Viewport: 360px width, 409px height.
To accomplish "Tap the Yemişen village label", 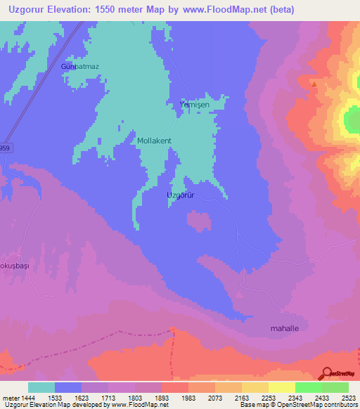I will click(x=195, y=105).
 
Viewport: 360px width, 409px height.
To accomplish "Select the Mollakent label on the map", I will click(x=154, y=141).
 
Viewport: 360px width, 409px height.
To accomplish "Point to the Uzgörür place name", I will click(x=180, y=195).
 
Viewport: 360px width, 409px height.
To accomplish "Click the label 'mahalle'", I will click(x=285, y=328).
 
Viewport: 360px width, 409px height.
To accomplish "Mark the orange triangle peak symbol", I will click(x=314, y=84).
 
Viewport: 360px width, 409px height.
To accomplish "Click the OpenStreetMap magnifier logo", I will click(x=326, y=373).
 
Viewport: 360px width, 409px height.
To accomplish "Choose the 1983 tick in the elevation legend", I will click(x=188, y=397).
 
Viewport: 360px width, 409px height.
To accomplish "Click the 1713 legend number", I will click(x=108, y=397).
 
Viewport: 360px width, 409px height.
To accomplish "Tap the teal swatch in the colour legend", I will click(x=41, y=387).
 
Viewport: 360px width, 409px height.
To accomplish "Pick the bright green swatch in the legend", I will click(x=309, y=387).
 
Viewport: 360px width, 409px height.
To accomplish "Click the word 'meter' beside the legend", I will click(x=10, y=397).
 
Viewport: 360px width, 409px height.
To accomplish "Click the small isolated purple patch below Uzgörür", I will click(x=199, y=221).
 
